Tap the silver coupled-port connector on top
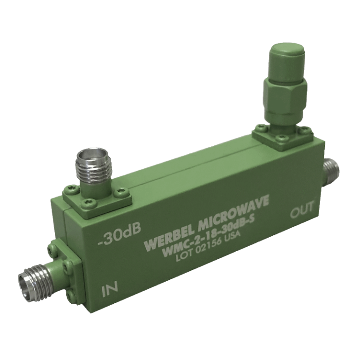(94, 169)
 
